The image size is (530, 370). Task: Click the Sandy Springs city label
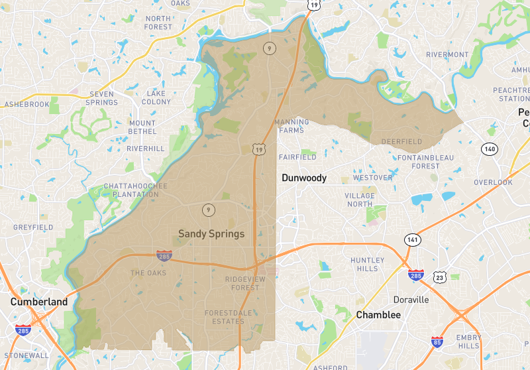(x=211, y=233)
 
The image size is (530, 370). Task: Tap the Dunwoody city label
(x=304, y=178)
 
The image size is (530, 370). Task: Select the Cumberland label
(x=38, y=302)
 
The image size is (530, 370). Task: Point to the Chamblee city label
(x=378, y=315)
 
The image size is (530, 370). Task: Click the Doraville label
(x=411, y=300)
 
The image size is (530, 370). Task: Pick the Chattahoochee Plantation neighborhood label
(x=135, y=190)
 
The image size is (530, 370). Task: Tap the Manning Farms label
(x=291, y=126)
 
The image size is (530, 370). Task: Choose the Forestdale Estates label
(x=225, y=317)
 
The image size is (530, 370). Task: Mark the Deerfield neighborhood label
(x=401, y=141)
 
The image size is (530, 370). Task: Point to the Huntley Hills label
(x=368, y=264)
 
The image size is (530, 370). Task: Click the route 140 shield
(x=490, y=149)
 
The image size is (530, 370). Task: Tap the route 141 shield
(x=413, y=239)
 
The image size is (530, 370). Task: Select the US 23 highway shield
(x=439, y=277)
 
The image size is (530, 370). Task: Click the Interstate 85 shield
(x=437, y=343)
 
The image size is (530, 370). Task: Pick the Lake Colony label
(x=156, y=97)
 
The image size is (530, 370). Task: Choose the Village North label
(x=360, y=200)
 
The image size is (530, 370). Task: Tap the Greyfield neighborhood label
(x=33, y=227)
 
